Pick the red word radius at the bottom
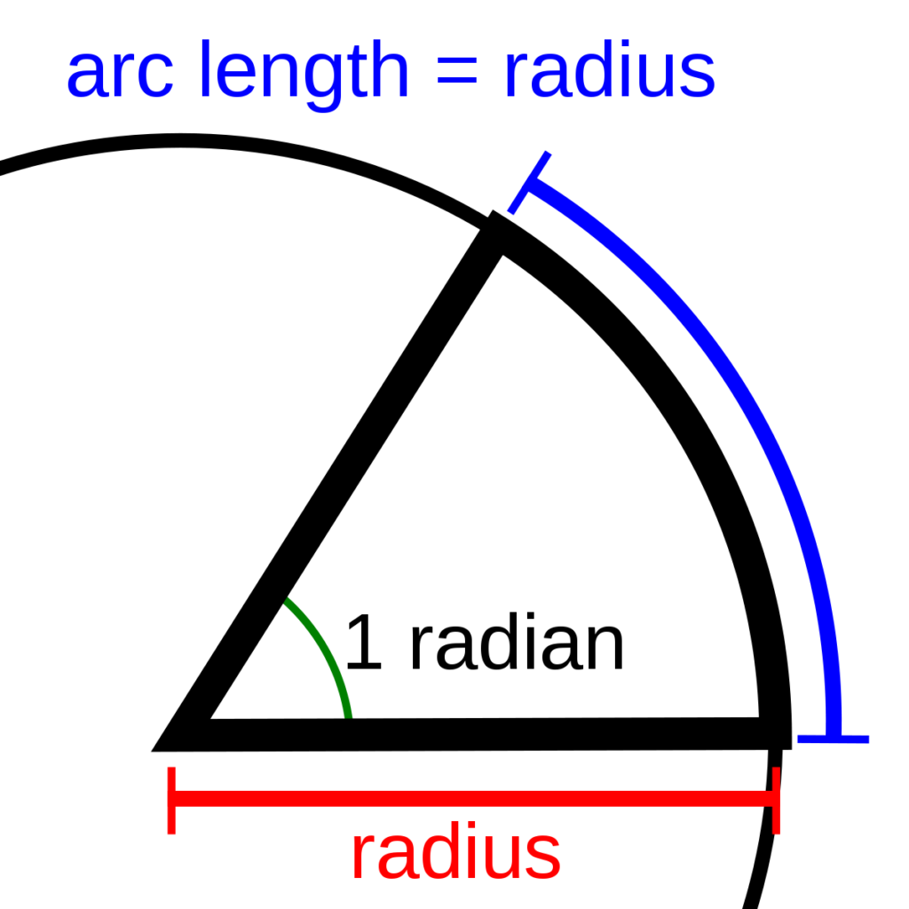pyautogui.click(x=455, y=854)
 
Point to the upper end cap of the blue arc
pyautogui.click(x=530, y=183)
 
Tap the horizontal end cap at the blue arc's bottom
pyautogui.click(x=833, y=739)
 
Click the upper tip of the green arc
pyautogui.click(x=288, y=602)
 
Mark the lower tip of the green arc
pyautogui.click(x=349, y=715)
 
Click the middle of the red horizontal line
pyautogui.click(x=474, y=798)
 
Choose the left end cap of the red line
pyautogui.click(x=171, y=800)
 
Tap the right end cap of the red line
pyautogui.click(x=777, y=800)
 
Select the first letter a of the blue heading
pyautogui.click(x=84, y=78)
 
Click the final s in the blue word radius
pyautogui.click(x=700, y=78)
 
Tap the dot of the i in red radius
pyautogui.click(x=470, y=832)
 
